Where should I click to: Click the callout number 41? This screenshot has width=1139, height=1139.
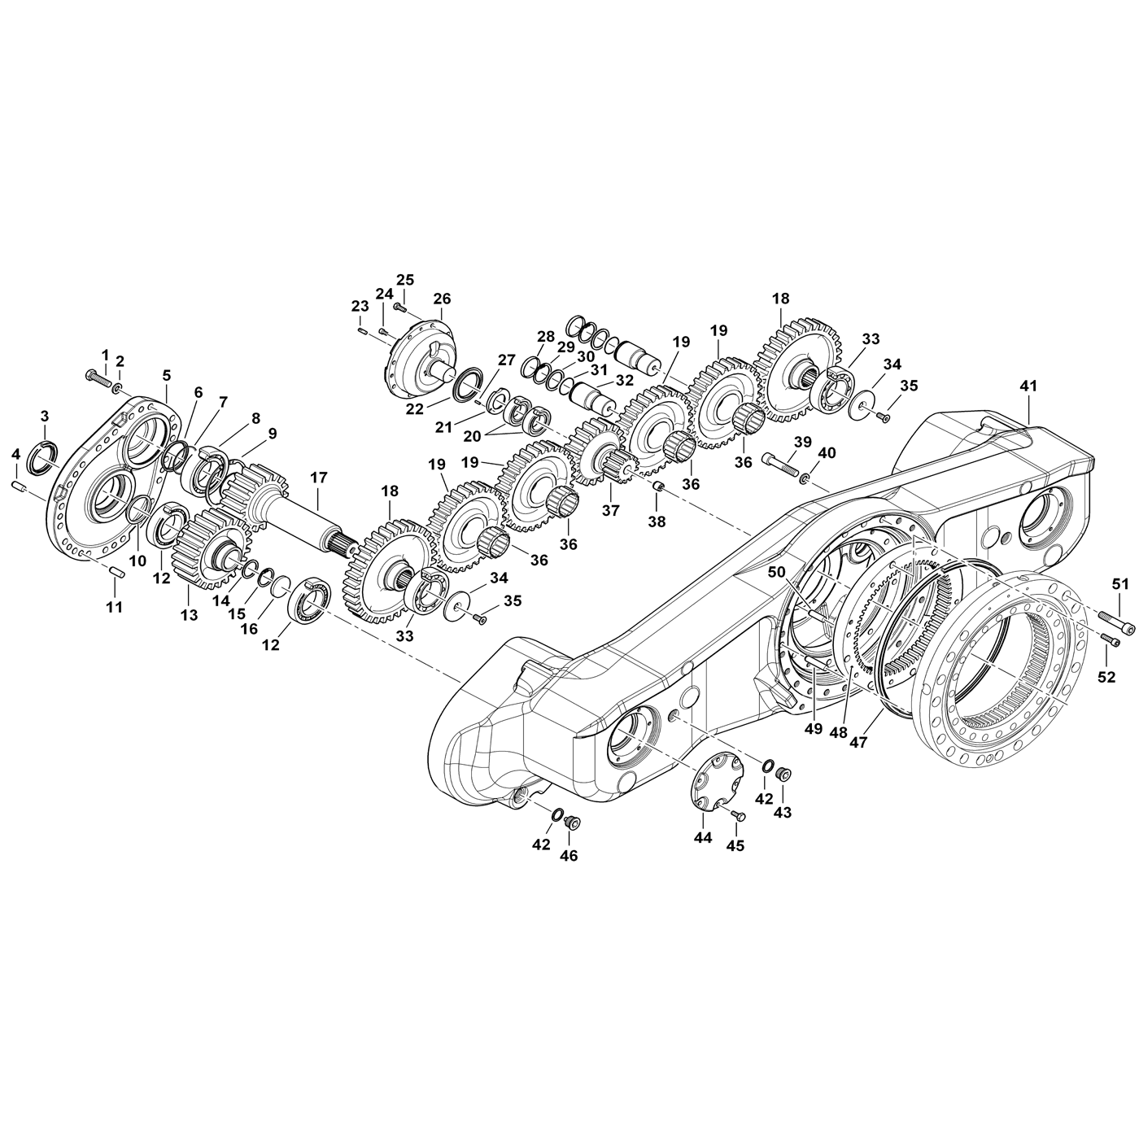(1028, 386)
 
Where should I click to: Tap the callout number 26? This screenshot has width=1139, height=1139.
(441, 299)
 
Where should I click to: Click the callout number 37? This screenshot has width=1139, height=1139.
(610, 510)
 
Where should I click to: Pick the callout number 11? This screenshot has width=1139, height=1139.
(115, 606)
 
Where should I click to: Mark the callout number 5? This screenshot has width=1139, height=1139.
(167, 375)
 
